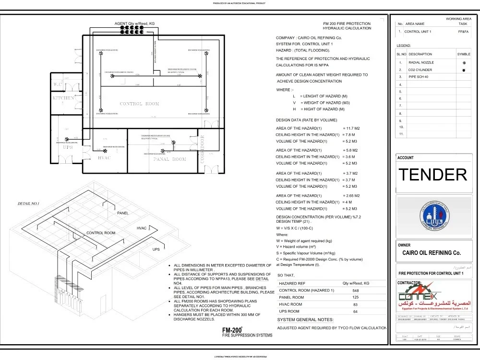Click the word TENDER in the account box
tap(433, 175)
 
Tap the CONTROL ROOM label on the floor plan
tap(139, 104)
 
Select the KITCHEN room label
tap(63, 98)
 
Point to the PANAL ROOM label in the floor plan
tap(169, 159)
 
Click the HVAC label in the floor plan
tap(105, 158)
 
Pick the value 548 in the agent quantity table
tap(355, 291)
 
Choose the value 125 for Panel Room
tap(355, 298)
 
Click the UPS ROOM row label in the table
tap(291, 312)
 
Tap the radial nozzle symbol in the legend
tap(464, 63)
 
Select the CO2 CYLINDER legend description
tap(420, 70)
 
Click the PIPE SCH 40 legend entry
tap(419, 77)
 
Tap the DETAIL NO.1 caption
tap(28, 204)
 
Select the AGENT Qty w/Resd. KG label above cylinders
tap(134, 24)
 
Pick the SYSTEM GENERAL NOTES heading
tap(305, 320)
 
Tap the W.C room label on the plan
tap(58, 84)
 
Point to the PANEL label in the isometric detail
tap(123, 213)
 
